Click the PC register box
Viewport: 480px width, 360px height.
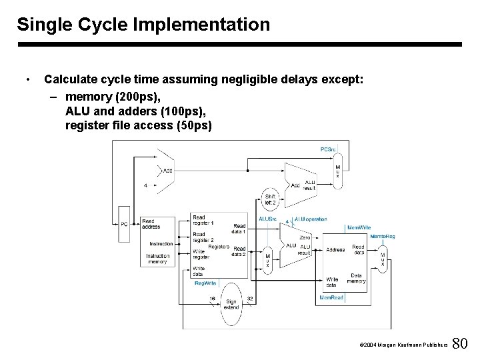click(x=124, y=224)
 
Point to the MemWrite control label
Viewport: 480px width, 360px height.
click(x=359, y=227)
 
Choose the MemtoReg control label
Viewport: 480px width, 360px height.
click(x=382, y=236)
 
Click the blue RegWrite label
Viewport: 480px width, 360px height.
click(x=205, y=283)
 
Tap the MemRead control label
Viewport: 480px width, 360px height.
click(x=331, y=297)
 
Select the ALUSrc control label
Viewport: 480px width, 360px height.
click(x=268, y=219)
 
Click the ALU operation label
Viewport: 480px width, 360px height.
click(x=311, y=219)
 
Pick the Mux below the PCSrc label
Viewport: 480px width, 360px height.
click(x=337, y=171)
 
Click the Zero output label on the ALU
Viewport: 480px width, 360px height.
click(x=305, y=237)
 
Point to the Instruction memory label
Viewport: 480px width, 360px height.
click(x=157, y=259)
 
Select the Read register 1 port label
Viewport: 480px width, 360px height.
click(x=203, y=221)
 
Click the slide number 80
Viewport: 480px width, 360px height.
click(x=460, y=344)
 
